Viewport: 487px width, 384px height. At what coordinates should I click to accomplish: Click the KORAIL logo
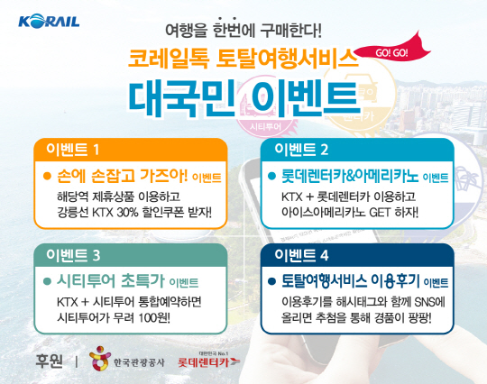coord(49,21)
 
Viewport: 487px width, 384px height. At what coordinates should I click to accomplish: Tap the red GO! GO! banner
coord(392,52)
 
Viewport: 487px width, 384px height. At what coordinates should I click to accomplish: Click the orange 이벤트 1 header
coord(72,150)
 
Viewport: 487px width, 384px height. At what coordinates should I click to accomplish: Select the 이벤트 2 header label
coord(301,150)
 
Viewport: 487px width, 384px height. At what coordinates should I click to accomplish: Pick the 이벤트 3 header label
coord(73,255)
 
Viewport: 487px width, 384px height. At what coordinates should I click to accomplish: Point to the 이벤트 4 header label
coord(301,255)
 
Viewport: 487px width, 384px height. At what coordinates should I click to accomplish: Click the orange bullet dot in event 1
coord(47,177)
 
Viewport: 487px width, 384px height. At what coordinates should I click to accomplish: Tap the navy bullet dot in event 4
coord(271,281)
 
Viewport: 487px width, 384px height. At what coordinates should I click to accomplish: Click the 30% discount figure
coord(127,213)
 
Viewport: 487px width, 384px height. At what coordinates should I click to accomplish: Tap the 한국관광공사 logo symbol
coord(100,358)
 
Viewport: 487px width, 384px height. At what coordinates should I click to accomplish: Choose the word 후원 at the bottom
coord(49,361)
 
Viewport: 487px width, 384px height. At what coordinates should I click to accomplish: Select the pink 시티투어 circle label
coord(265,127)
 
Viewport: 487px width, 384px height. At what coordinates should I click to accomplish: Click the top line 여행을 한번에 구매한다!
coord(243,30)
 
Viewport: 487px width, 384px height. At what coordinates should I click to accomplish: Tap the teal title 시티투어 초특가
coord(110,281)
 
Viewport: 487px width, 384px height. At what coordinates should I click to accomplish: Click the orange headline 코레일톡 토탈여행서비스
coord(243,59)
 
